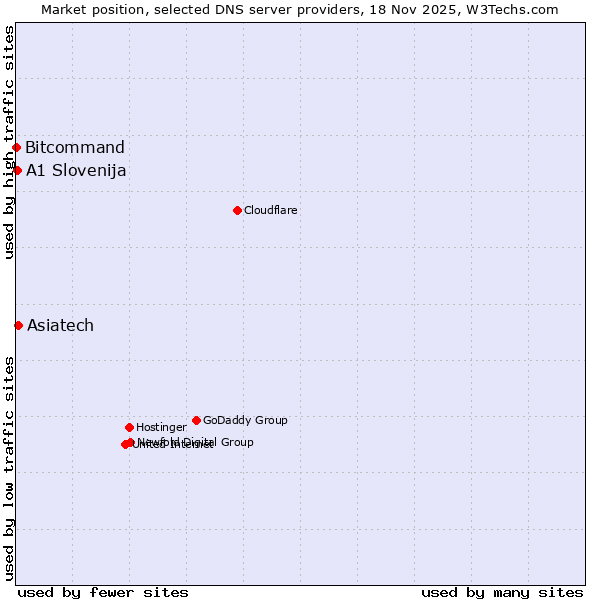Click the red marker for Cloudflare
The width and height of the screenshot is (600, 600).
click(237, 210)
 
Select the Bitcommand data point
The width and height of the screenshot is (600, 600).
click(16, 148)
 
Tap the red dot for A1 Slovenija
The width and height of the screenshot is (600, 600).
click(17, 170)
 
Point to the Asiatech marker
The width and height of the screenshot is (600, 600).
click(18, 325)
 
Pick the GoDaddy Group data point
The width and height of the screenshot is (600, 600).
click(196, 420)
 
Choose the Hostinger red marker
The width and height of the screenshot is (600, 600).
click(129, 427)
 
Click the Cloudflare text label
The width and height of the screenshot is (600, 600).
click(271, 210)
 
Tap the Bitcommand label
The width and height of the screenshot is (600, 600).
click(75, 148)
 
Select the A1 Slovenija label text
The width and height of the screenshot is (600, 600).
click(76, 170)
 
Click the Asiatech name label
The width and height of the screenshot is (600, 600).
click(60, 325)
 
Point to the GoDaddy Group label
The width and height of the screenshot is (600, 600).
click(245, 420)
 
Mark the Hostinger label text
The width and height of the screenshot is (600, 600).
click(161, 427)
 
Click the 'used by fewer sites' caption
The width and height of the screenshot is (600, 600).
click(103, 592)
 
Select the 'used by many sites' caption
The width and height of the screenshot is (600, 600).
click(502, 592)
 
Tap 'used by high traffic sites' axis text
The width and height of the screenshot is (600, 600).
click(9, 142)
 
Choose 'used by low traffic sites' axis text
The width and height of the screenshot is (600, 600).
click(9, 467)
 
